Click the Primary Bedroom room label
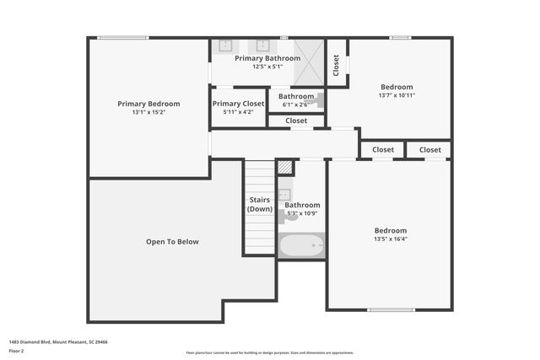(148, 104)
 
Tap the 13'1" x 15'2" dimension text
(148, 112)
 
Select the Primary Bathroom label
(266, 58)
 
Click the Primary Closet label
(238, 103)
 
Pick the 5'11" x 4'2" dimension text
(238, 111)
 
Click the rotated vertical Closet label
(337, 64)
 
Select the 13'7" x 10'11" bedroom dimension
(397, 95)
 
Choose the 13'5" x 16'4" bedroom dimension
(391, 239)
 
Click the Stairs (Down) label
(260, 204)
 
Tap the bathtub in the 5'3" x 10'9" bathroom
(301, 246)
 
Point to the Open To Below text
(172, 242)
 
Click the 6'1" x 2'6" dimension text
(296, 105)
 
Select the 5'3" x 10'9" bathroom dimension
(302, 213)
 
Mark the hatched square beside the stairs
(285, 168)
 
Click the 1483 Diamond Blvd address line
(58, 342)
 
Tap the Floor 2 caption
(16, 350)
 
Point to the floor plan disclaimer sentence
(269, 352)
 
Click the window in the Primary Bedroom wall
(122, 38)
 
